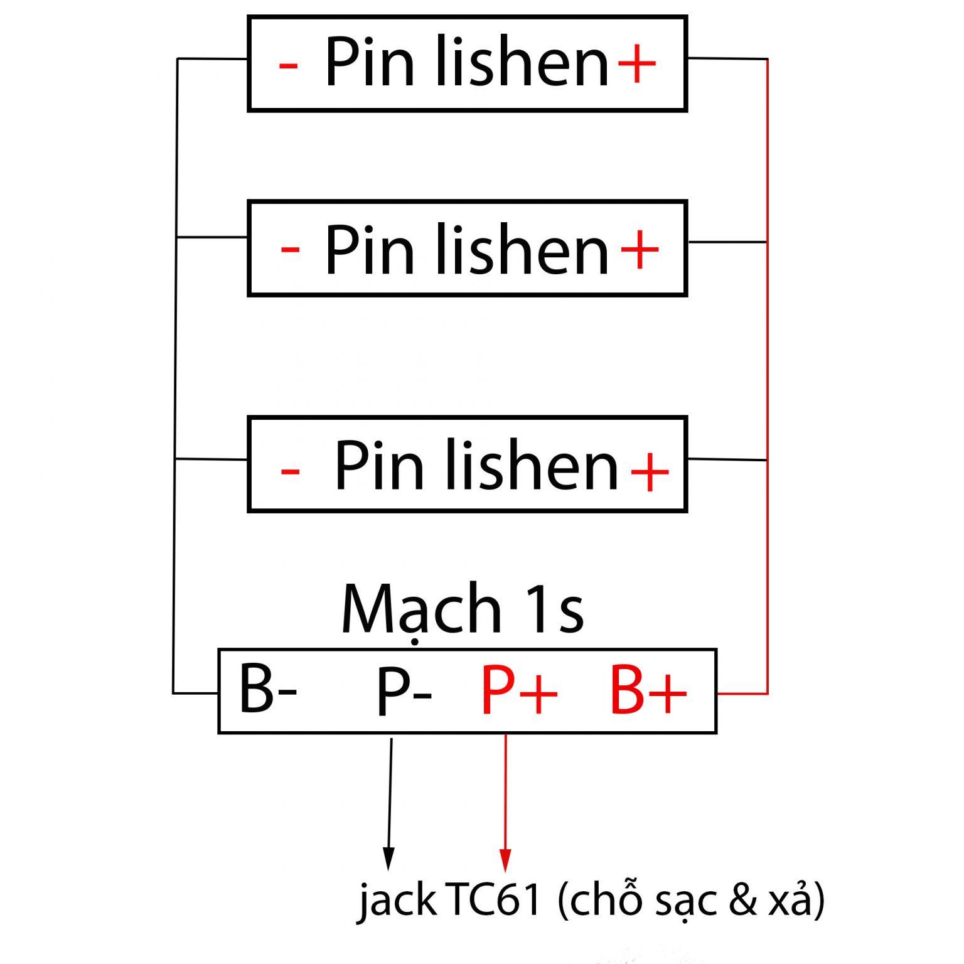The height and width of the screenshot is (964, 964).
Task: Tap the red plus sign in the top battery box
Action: click(x=637, y=63)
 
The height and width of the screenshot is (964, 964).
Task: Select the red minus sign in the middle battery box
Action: click(x=290, y=250)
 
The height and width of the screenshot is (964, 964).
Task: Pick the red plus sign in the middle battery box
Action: click(x=640, y=249)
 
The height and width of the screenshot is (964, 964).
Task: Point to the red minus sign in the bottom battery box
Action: click(x=290, y=469)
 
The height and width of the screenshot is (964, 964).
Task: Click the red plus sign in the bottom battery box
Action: click(x=650, y=471)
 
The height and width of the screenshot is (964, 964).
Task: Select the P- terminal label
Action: click(x=404, y=692)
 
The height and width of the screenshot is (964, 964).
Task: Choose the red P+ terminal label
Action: click(x=519, y=690)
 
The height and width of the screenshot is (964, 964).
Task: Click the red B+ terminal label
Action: click(x=648, y=690)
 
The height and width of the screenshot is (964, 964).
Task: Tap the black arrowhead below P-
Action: click(x=388, y=857)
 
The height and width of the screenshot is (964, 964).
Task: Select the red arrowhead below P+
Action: click(x=505, y=859)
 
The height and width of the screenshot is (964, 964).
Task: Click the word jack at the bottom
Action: click(x=397, y=900)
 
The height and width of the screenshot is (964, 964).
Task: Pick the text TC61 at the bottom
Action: click(x=493, y=899)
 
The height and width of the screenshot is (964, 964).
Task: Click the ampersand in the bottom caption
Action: click(x=743, y=899)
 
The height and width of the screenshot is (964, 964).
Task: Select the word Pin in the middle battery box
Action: click(x=370, y=249)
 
